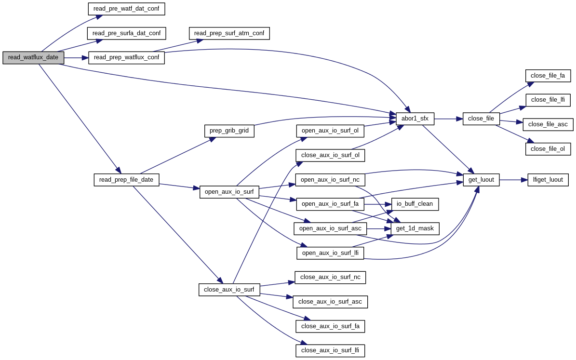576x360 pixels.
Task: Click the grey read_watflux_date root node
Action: click(x=33, y=57)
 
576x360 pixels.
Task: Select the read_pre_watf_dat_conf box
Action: click(x=127, y=9)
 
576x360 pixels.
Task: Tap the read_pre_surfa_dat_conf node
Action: click(x=126, y=33)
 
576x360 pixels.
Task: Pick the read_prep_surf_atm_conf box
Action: click(x=229, y=33)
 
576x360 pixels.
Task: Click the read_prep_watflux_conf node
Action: click(x=126, y=58)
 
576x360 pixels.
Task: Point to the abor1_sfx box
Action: click(x=415, y=119)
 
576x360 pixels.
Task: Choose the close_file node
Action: click(x=481, y=119)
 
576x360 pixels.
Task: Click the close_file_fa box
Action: click(x=548, y=76)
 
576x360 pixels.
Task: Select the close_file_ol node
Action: click(x=548, y=149)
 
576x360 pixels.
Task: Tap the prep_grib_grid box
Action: click(x=229, y=131)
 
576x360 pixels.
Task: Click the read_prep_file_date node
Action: click(x=126, y=180)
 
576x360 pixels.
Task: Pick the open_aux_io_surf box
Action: click(x=229, y=192)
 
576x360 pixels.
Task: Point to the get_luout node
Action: click(x=481, y=180)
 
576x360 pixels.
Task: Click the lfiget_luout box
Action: click(x=548, y=180)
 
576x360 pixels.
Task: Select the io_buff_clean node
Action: click(x=415, y=204)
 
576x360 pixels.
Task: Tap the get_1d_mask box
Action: click(x=415, y=228)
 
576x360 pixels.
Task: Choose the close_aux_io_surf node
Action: click(x=229, y=290)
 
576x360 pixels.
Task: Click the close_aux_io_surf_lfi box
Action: click(x=330, y=350)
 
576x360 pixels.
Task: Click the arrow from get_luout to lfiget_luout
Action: click(x=513, y=180)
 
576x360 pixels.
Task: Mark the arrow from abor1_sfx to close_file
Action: click(x=448, y=119)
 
